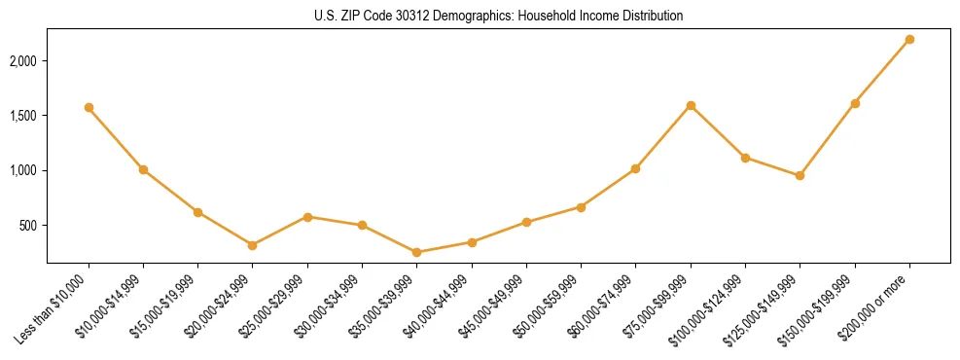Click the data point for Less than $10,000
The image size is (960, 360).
click(89, 107)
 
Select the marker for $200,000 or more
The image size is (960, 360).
click(909, 39)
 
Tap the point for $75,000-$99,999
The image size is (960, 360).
click(691, 105)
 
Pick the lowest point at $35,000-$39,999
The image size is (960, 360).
click(416, 252)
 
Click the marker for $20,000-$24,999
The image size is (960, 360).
click(253, 245)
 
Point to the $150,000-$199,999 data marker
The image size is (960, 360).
click(855, 103)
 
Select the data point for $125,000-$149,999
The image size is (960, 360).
click(800, 175)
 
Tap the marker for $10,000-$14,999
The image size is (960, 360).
click(143, 169)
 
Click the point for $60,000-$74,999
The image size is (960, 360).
click(635, 168)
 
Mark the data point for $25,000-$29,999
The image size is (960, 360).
click(307, 217)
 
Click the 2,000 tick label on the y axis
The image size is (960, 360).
click(23, 60)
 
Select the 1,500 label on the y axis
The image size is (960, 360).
click(23, 116)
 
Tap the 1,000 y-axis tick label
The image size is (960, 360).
click(23, 170)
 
